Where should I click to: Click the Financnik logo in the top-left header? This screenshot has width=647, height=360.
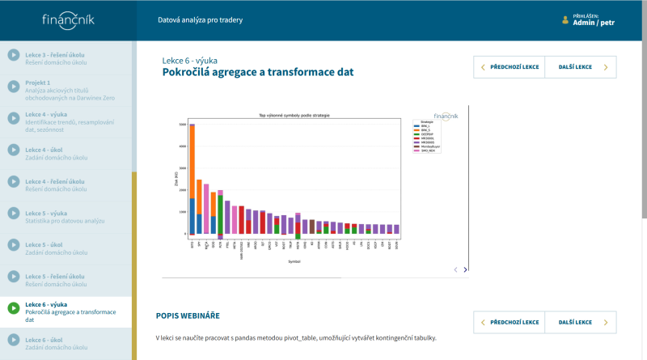click(x=66, y=19)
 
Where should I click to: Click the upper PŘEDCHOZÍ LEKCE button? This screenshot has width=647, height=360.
click(x=509, y=67)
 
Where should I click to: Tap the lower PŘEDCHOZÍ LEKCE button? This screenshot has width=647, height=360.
click(x=509, y=322)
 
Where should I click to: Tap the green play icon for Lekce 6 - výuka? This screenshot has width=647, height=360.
click(x=14, y=308)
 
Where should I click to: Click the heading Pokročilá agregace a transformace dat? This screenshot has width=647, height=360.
click(x=258, y=72)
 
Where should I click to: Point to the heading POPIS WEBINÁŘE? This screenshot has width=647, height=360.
click(x=188, y=315)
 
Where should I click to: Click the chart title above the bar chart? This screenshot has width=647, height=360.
click(x=294, y=116)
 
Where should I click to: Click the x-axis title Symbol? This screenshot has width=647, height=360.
click(x=294, y=261)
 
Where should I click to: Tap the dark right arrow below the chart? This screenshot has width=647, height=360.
click(x=465, y=269)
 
